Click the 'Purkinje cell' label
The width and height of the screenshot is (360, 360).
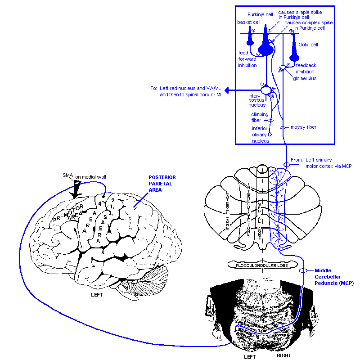pos(260,14)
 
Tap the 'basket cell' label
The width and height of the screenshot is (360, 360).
pos(248,22)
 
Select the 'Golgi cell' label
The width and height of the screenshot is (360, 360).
pos(308,45)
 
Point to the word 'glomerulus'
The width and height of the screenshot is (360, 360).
pos(305,78)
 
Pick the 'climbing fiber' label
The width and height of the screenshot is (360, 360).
pos(260,117)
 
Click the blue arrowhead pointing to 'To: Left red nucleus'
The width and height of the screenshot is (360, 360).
pos(228,90)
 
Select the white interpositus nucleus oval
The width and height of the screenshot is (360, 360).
pos(266,90)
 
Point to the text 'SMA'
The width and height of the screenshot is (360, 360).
pos(67,175)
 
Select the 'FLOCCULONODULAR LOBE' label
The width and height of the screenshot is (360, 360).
pos(262,265)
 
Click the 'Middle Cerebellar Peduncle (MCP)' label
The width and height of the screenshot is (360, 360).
pos(334,277)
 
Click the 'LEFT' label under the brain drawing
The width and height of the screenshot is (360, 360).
pos(97,295)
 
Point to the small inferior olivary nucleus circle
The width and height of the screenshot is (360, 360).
pos(270,134)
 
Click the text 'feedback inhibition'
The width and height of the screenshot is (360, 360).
pos(306,68)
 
